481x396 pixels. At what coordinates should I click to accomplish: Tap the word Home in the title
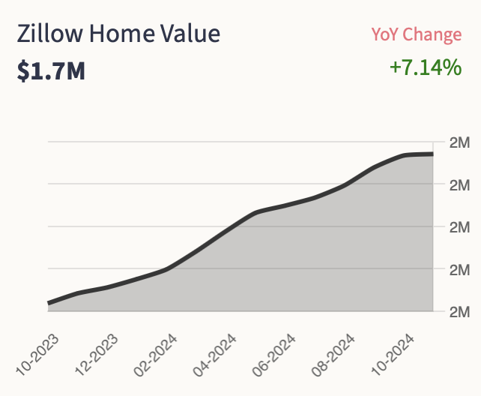point(123,34)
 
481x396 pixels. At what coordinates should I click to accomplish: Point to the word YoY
point(389,34)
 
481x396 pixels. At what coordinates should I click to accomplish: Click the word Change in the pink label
point(436,34)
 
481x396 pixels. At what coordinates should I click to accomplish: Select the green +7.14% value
point(425,68)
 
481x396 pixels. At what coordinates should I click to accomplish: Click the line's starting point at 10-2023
point(49,303)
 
